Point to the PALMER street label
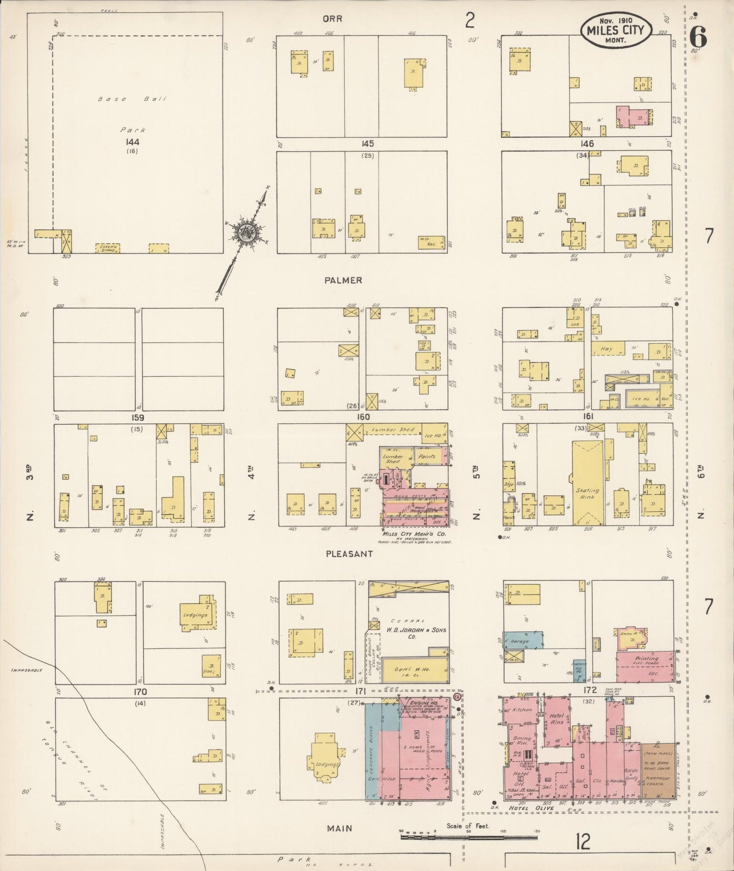tap(344, 280)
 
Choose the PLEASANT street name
tap(349, 553)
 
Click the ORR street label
tap(332, 19)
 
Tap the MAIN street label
tap(339, 828)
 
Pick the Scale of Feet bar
tap(468, 836)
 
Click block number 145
tap(367, 144)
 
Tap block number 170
tap(140, 692)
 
